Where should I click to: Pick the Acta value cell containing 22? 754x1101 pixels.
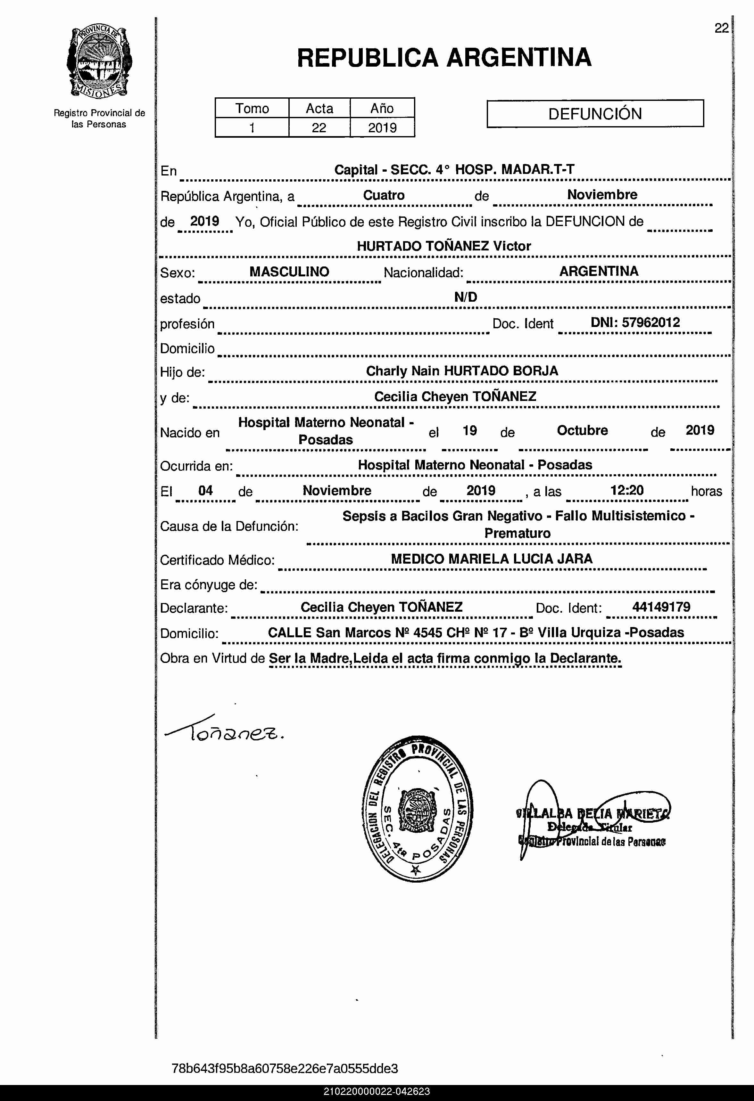[319, 128]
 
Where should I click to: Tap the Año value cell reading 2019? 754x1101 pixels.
[382, 128]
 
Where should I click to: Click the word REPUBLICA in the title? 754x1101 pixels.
[367, 58]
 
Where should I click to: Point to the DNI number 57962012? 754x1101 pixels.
[651, 322]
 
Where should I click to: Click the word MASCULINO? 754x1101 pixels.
[289, 272]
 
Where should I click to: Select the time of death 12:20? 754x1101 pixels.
[627, 490]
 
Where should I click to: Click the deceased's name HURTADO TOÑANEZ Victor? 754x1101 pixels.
[443, 246]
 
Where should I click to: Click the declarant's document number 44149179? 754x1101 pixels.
[661, 607]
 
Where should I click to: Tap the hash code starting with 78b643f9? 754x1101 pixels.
[285, 1068]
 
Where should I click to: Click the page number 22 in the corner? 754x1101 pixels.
[721, 29]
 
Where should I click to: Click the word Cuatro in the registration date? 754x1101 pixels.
[383, 195]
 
